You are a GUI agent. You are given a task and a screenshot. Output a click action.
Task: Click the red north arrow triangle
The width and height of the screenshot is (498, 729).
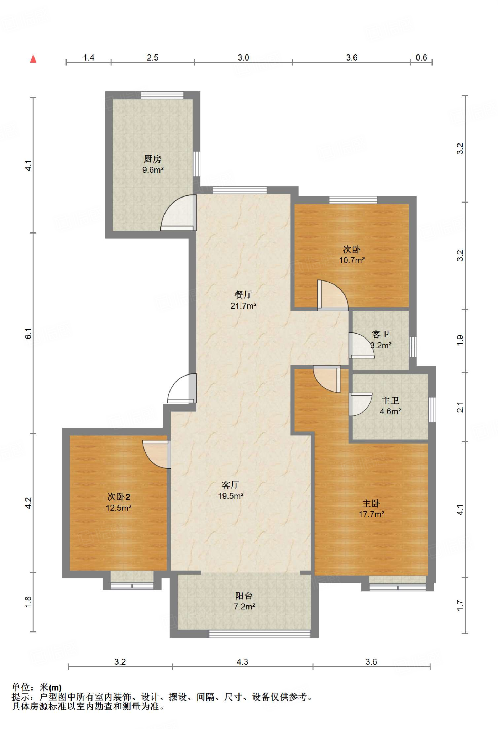(x=33, y=59)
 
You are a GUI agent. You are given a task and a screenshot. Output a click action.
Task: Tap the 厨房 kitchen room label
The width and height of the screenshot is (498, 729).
(x=152, y=159)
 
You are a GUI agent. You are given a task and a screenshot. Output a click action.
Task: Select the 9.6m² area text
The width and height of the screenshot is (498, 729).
(x=153, y=170)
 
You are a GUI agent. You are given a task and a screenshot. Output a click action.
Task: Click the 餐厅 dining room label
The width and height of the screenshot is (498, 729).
(x=243, y=294)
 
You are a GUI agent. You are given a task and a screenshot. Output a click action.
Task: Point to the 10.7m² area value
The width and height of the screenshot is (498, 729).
(x=352, y=260)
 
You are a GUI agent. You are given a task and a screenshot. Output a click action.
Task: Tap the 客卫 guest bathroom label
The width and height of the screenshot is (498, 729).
(x=381, y=334)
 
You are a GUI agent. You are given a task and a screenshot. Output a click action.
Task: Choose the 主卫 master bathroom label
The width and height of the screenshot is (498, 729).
(x=390, y=400)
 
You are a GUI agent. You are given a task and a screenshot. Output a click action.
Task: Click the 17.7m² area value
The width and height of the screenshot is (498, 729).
(x=371, y=514)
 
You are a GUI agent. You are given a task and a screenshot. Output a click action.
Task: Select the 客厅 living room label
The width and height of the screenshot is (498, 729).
(x=230, y=485)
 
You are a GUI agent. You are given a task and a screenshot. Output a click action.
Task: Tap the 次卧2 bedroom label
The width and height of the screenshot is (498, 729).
(x=119, y=497)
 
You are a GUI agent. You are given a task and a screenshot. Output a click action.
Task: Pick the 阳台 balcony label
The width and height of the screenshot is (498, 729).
(x=244, y=596)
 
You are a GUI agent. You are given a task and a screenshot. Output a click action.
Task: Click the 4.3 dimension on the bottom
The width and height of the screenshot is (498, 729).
(x=242, y=662)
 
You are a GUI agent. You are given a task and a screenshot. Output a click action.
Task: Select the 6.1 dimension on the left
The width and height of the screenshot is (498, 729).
(x=28, y=334)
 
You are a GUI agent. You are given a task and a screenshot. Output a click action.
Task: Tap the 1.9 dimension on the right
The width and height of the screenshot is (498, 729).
(x=460, y=340)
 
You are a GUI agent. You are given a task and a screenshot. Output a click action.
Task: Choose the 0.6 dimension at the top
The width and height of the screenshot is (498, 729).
(x=421, y=58)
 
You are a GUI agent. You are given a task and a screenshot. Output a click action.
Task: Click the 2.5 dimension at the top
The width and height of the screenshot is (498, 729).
(x=153, y=58)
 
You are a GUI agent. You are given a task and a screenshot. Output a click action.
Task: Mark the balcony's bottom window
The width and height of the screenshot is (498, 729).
(x=260, y=634)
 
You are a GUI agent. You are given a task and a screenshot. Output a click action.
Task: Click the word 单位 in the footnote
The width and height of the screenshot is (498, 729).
(x=21, y=687)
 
